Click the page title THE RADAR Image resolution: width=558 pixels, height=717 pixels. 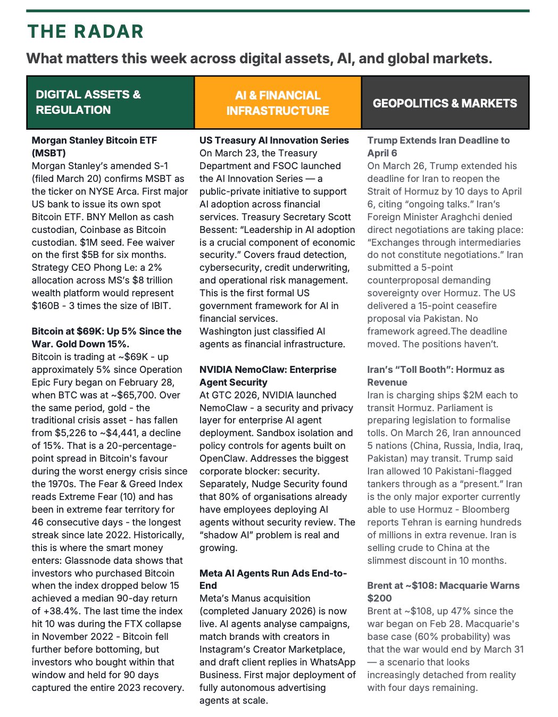pos(85,31)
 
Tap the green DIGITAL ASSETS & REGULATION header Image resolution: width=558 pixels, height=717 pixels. pos(88,102)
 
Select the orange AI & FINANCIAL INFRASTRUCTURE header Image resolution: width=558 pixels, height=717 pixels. pos(278,103)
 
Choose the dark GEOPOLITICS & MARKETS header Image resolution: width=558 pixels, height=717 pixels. pos(445,103)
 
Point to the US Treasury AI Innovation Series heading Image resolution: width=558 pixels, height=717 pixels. pos(274,140)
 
